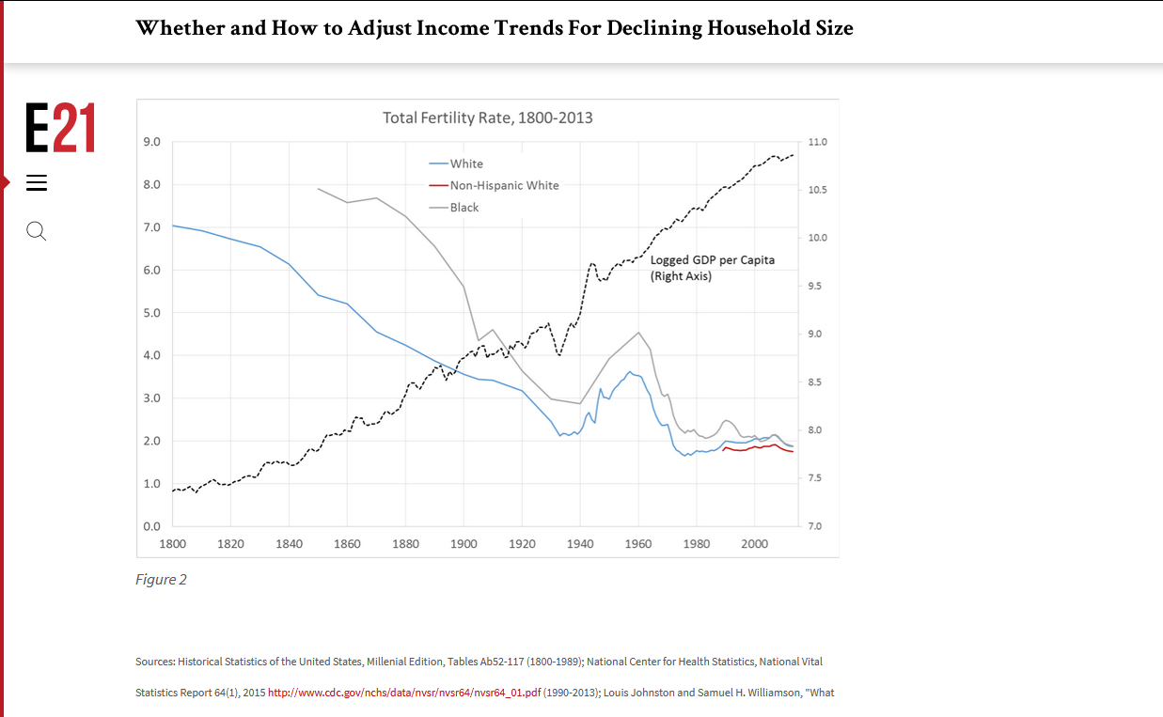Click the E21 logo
[60, 128]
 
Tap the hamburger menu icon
[36, 183]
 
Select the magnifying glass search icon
[36, 230]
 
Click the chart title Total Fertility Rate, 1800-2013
[487, 118]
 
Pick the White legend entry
[465, 164]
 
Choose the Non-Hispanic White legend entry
[503, 185]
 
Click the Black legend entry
[464, 208]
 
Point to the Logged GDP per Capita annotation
[712, 268]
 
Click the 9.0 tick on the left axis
[151, 142]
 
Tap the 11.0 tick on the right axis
[817, 142]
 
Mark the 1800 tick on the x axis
[172, 544]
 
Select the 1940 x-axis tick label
[580, 544]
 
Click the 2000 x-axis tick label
[755, 544]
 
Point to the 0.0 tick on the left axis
[151, 526]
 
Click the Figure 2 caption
[161, 580]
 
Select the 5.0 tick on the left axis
[151, 313]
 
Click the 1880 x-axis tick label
[405, 544]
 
